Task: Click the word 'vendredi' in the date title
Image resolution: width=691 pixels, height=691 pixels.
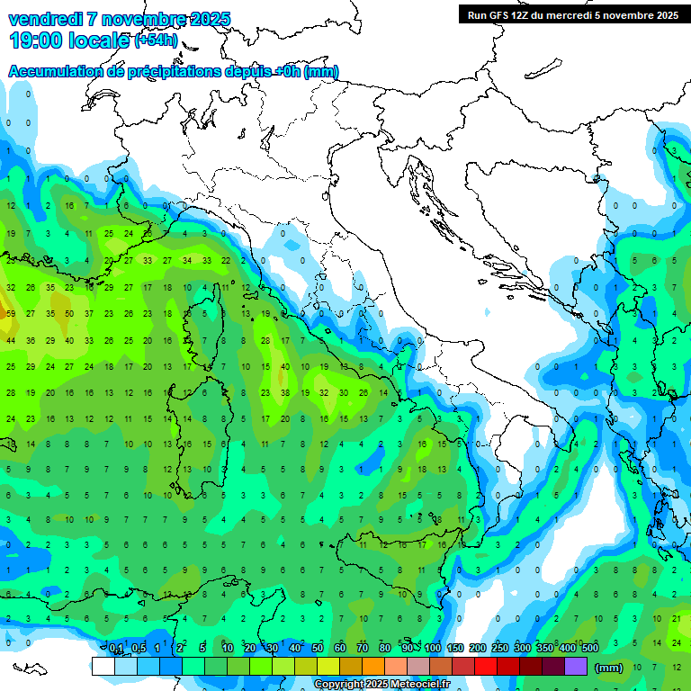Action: click(x=49, y=19)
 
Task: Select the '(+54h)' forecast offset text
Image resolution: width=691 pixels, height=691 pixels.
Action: click(x=156, y=40)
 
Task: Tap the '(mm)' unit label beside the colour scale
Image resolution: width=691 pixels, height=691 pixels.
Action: click(x=609, y=668)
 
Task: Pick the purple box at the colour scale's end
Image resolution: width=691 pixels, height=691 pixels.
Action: click(x=576, y=667)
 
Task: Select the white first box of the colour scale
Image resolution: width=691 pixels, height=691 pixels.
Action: click(x=103, y=667)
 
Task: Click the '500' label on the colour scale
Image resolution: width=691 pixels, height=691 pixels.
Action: click(x=589, y=648)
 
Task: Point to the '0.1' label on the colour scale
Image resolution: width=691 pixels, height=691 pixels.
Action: click(x=116, y=648)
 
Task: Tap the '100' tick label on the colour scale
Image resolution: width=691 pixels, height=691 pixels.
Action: click(x=433, y=648)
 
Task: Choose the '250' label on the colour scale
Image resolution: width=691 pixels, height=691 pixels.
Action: click(x=500, y=648)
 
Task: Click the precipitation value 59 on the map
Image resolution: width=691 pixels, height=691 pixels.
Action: click(x=11, y=314)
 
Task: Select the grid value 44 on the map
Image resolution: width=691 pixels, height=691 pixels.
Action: click(x=11, y=340)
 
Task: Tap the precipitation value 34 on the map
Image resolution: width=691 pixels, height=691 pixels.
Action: click(x=187, y=261)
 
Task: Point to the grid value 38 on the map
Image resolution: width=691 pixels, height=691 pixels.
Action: click(x=285, y=392)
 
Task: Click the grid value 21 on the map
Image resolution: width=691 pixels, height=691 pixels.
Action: click(x=676, y=617)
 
